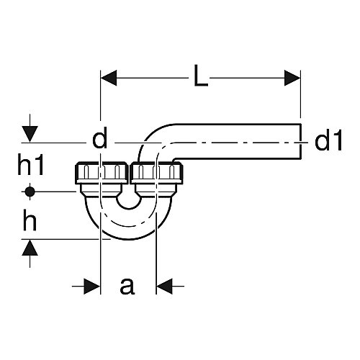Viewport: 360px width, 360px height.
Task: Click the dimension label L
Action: pos(201,75)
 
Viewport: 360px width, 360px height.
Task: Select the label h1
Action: pos(31,164)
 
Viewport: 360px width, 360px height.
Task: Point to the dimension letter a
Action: pos(127,286)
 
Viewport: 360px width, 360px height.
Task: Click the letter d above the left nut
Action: pos(100,140)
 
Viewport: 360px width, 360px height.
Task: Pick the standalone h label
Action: pos(30,220)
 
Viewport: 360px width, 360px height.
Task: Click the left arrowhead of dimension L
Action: pos(109,78)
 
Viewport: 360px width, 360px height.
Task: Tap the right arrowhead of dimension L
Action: pos(292,78)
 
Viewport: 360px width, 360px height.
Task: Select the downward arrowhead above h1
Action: pos(30,134)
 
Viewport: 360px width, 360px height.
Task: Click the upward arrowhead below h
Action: pos(30,248)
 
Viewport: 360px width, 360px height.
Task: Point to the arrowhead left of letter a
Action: pos(91,286)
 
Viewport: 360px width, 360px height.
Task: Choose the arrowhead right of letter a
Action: pos(164,286)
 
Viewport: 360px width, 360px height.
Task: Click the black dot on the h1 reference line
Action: pos(30,192)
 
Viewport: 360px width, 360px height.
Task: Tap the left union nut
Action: pos(102,173)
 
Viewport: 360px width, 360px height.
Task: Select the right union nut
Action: pos(156,173)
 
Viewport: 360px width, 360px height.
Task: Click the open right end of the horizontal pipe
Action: pos(300,141)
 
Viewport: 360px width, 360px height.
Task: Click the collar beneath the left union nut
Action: pos(102,191)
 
